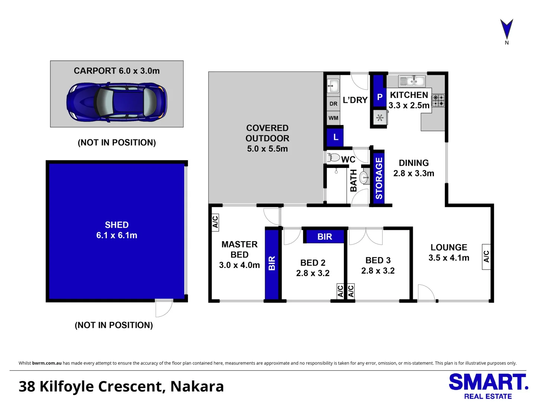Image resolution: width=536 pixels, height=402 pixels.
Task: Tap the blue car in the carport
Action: [117, 102]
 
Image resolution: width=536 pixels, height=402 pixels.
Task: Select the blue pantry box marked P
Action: [380, 96]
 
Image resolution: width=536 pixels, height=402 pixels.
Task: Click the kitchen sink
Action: [412, 81]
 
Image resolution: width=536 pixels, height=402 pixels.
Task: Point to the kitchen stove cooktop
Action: [438, 100]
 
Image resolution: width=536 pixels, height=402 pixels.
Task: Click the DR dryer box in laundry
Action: [334, 104]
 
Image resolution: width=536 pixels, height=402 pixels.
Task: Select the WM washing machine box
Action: [334, 118]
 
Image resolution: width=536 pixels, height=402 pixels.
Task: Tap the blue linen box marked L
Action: [335, 137]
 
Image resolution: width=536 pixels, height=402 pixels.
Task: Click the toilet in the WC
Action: [334, 157]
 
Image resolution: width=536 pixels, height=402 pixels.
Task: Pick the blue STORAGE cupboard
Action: [379, 178]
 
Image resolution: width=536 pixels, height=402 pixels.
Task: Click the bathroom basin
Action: [364, 178]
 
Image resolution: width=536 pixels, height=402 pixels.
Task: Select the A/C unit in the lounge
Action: [486, 256]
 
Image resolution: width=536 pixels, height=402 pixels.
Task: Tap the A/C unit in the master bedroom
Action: [215, 223]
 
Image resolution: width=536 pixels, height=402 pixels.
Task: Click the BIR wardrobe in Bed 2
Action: [325, 236]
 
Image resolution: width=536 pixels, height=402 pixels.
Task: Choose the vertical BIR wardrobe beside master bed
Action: [272, 264]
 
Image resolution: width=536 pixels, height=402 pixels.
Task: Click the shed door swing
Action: [164, 307]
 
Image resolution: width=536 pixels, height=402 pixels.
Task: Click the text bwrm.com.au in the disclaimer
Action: [47, 363]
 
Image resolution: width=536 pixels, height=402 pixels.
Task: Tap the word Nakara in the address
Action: [197, 387]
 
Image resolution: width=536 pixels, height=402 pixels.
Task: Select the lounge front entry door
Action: [426, 293]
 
